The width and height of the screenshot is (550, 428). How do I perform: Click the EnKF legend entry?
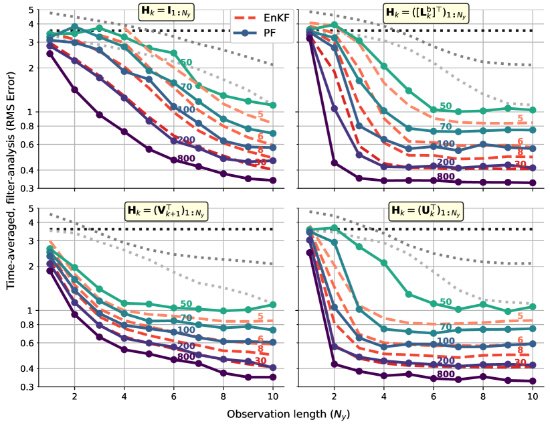[262, 17]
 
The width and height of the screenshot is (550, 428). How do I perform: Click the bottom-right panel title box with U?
[426, 211]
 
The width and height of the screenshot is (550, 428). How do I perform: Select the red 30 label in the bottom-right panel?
[519, 362]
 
